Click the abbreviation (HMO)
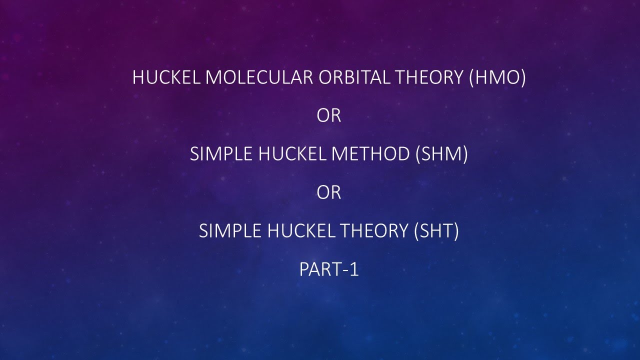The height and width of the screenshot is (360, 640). point(497,78)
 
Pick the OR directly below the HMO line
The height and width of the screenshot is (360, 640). point(328,116)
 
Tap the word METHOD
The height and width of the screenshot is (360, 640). point(370,154)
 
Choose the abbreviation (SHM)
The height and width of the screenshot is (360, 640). point(441,154)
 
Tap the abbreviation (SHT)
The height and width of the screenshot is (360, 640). point(436,231)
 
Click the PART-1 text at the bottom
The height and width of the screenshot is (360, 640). point(328,270)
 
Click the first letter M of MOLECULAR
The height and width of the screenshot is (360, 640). point(213,78)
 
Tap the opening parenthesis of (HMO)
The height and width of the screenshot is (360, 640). point(472,78)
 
